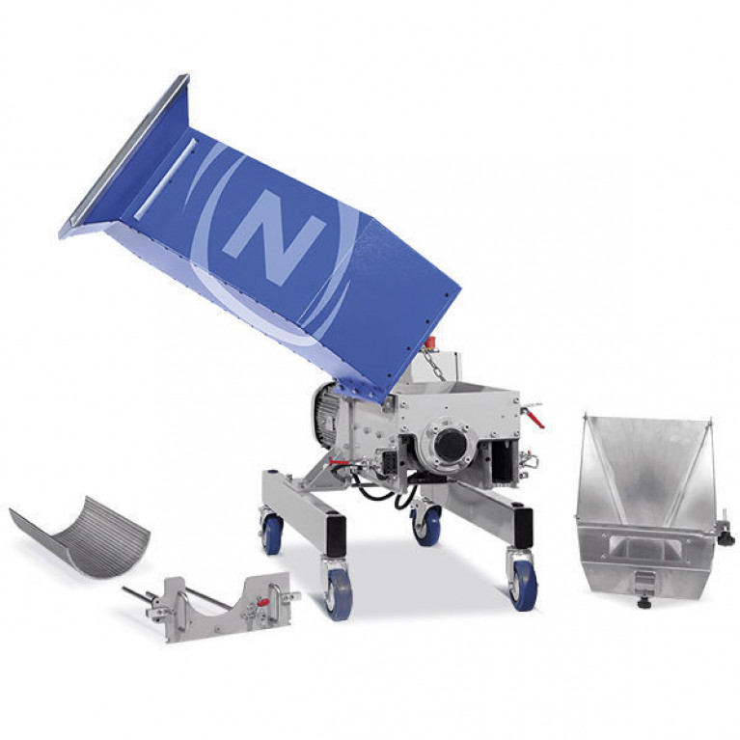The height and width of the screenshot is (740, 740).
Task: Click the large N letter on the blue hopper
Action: click(274, 236)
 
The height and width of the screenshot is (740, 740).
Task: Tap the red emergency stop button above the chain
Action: click(430, 342)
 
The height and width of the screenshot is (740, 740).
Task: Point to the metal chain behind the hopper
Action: click(434, 363)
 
